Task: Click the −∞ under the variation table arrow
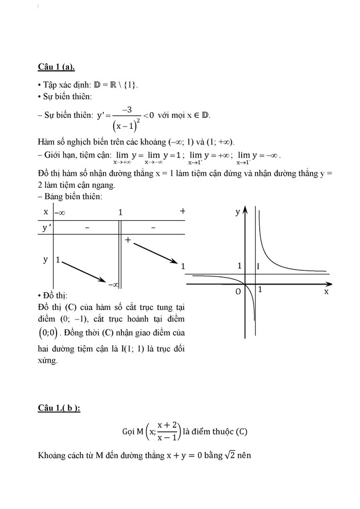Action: tap(114, 284)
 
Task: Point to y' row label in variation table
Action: tap(47, 228)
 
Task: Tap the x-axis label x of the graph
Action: tap(326, 291)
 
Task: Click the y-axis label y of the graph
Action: tap(238, 212)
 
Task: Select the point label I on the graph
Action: tap(258, 266)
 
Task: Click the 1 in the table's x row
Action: tap(120, 212)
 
